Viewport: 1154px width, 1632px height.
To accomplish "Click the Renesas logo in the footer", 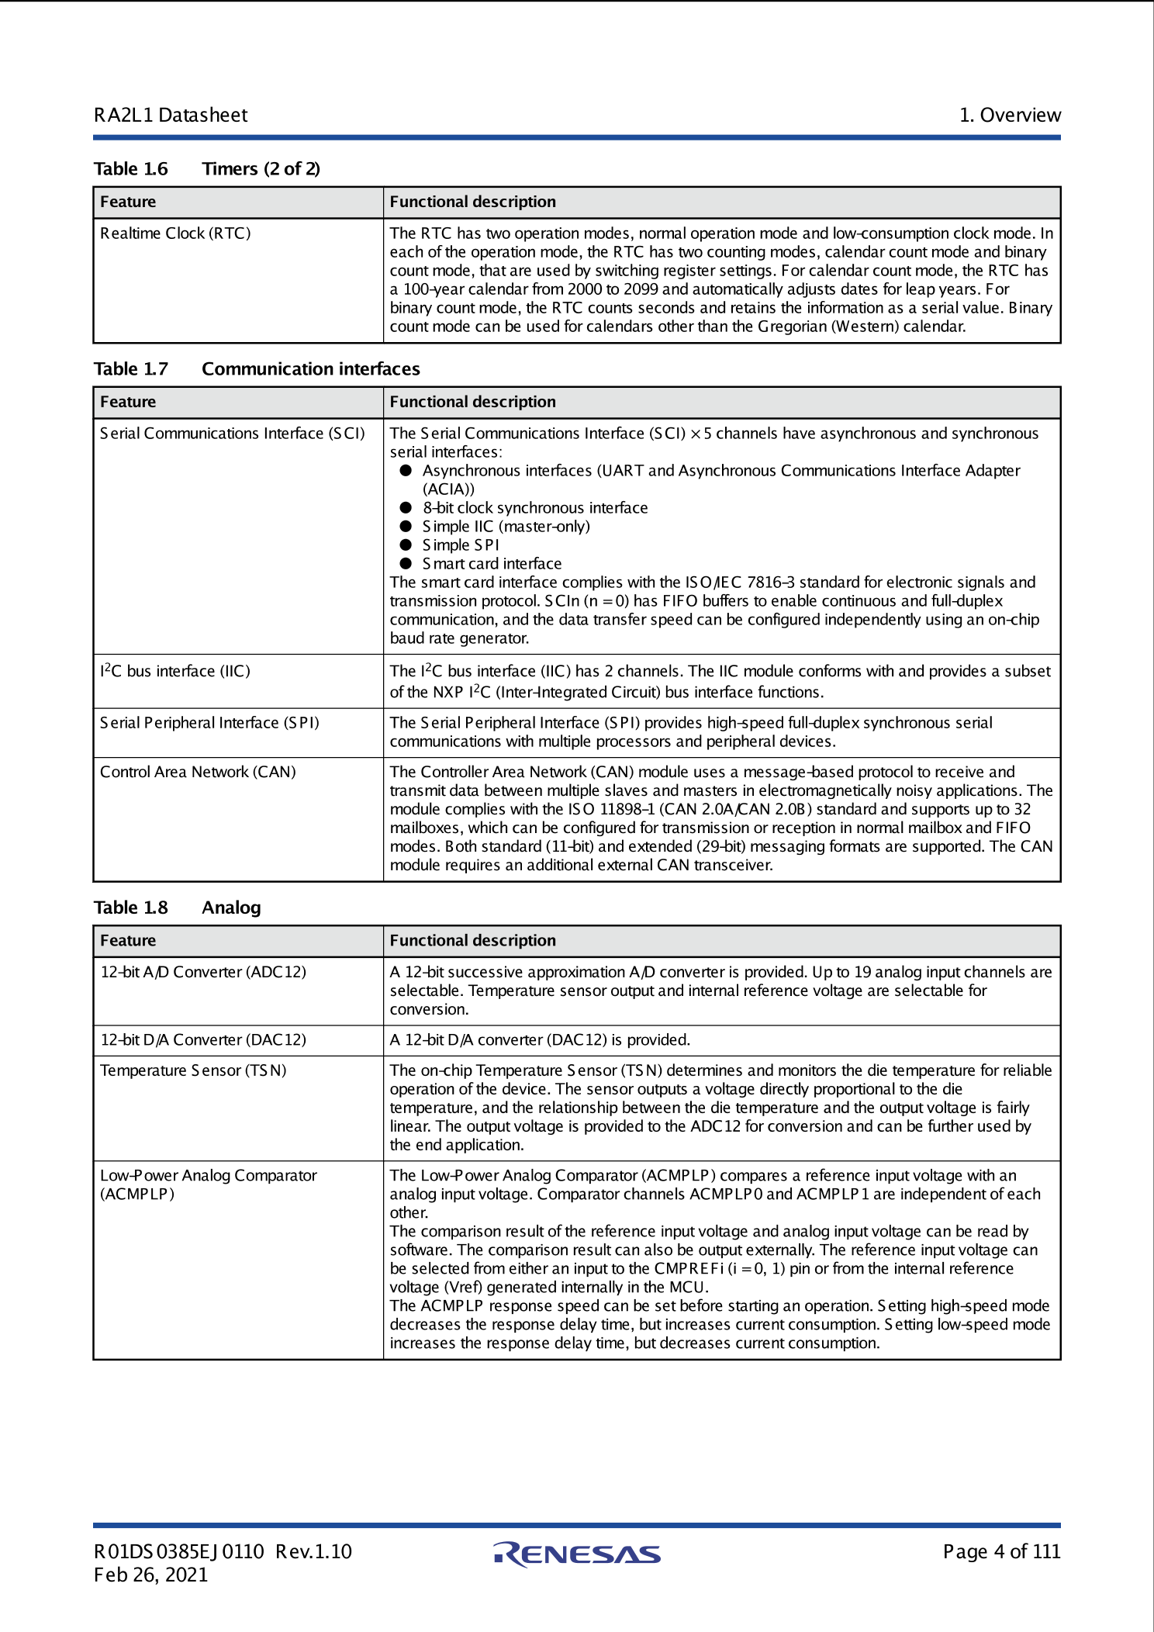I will [x=577, y=1554].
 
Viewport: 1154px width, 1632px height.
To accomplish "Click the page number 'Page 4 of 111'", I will [x=1001, y=1551].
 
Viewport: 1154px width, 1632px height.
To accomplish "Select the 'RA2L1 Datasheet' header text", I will [x=171, y=116].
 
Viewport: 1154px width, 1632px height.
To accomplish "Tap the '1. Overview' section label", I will [x=1010, y=116].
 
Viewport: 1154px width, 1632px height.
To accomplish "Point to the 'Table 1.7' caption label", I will [x=131, y=369].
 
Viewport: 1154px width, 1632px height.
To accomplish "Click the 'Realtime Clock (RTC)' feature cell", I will [x=175, y=233].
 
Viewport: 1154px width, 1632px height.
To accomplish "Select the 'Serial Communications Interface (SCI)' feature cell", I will [x=232, y=434].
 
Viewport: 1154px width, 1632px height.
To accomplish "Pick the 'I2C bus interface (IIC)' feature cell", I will [x=175, y=671].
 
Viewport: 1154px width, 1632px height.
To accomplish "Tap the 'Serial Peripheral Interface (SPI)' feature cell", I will [x=209, y=723].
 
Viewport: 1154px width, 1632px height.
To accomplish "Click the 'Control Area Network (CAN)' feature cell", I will [x=198, y=773].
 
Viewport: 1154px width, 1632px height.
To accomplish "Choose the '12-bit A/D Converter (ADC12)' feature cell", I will [x=203, y=972].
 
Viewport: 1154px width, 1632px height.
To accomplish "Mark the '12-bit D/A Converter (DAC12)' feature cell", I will [x=203, y=1040].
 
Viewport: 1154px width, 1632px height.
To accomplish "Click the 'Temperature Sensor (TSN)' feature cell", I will [x=193, y=1070].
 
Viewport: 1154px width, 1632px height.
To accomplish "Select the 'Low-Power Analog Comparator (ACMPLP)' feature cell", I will [x=208, y=1184].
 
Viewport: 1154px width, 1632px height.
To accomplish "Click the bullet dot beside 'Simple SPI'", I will [x=406, y=545].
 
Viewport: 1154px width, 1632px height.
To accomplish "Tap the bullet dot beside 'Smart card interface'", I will [x=406, y=564].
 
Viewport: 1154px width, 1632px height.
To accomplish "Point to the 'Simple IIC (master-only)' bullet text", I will [x=506, y=527].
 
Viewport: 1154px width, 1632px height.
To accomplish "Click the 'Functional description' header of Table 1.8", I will [x=472, y=941].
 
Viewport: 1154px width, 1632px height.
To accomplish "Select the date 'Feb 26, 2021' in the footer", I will [x=151, y=1575].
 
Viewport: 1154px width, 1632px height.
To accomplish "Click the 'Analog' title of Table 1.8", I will [x=231, y=908].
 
